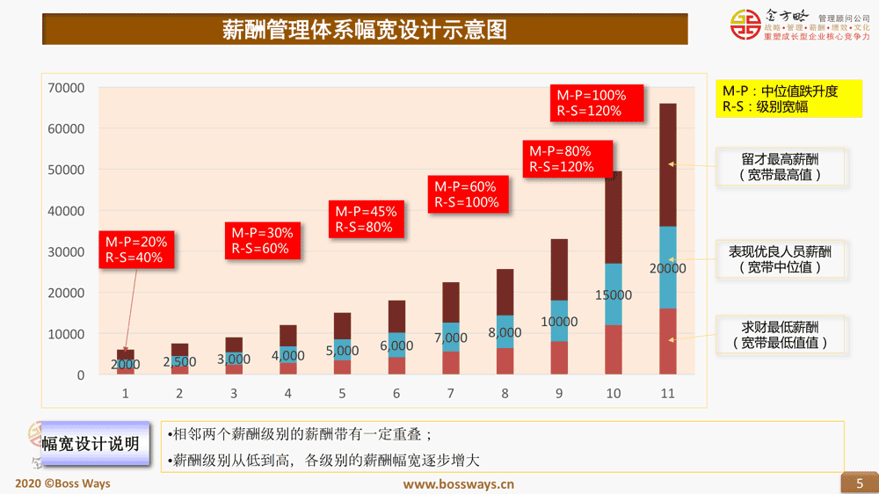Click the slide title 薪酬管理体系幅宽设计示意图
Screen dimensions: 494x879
[364, 31]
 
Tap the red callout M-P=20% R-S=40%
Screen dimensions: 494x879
[136, 250]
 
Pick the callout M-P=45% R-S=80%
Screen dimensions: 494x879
[367, 219]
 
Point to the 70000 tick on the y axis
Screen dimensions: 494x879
[67, 88]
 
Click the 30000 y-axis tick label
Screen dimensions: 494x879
[67, 252]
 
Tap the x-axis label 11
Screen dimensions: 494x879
[668, 394]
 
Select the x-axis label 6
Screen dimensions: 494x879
[396, 394]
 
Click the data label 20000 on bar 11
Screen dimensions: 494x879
[668, 268]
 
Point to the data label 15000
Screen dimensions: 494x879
[614, 295]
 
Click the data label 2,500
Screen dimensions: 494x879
[179, 361]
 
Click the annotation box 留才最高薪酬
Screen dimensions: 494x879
[781, 167]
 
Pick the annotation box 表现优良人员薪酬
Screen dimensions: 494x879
[781, 259]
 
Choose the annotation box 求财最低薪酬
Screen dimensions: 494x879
[781, 335]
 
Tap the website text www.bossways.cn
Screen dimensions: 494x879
[458, 483]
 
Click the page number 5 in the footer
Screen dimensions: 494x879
[860, 483]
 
